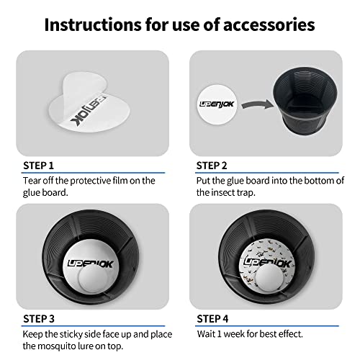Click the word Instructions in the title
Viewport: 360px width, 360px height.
pos(93,24)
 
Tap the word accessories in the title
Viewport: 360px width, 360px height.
pos(269,25)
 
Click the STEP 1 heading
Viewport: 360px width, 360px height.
pos(38,166)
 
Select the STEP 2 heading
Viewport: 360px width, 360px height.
pos(212,166)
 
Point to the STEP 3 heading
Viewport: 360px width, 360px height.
pos(39,319)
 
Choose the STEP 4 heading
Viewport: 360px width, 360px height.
pos(212,319)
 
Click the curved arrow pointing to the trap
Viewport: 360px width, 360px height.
pos(257,104)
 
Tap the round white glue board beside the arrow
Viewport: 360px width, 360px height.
pos(217,104)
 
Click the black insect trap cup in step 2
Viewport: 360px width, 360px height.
pos(305,101)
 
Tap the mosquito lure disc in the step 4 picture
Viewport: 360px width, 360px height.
pos(269,278)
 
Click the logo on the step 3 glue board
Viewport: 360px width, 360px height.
pos(90,264)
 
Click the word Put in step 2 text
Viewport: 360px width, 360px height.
pos(203,181)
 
